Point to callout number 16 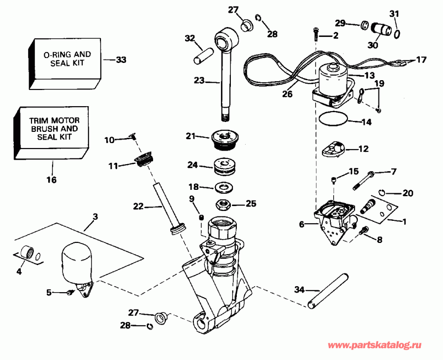pos(51,180)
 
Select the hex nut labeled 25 pos(224,203)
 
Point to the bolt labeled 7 pos(364,180)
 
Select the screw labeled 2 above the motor pos(316,34)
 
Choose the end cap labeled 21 pos(225,138)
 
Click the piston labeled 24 pos(225,166)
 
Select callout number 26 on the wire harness pos(287,92)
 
